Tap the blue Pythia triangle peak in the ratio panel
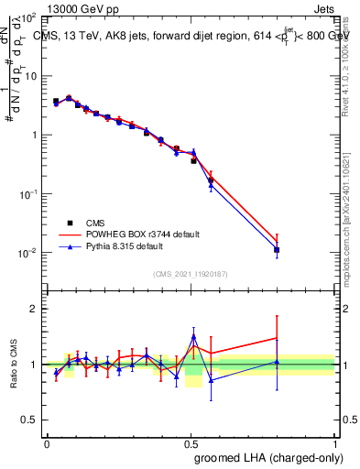tap(193, 336)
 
